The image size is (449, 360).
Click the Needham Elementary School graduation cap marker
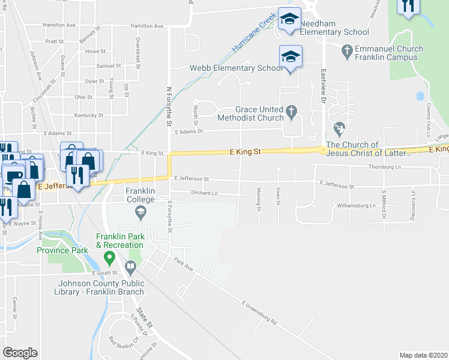pyautogui.click(x=289, y=19)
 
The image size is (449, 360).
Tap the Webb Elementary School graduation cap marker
pyautogui.click(x=291, y=58)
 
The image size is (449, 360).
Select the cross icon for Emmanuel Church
pyautogui.click(x=346, y=53)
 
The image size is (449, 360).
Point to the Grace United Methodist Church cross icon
pyautogui.click(x=292, y=110)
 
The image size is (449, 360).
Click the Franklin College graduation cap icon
pyautogui.click(x=140, y=211)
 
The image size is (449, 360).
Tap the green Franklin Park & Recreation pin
pyautogui.click(x=109, y=259)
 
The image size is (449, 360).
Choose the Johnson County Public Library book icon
pyautogui.click(x=130, y=266)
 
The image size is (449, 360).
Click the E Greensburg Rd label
pyautogui.click(x=259, y=313)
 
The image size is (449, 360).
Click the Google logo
pyautogui.click(x=20, y=353)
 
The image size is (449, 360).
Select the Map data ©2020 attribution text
pyautogui.click(x=423, y=355)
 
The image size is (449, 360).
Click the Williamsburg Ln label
pyautogui.click(x=356, y=205)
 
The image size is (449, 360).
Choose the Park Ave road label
pyautogui.click(x=184, y=265)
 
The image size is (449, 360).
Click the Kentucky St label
pyautogui.click(x=89, y=115)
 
